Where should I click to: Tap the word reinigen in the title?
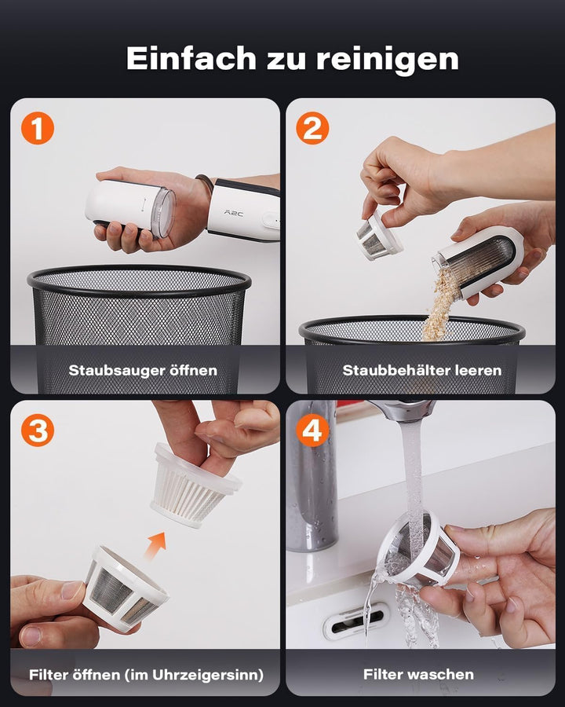click(387, 60)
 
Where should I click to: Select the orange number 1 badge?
click(38, 129)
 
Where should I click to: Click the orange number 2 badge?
click(312, 129)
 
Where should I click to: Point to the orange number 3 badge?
click(38, 430)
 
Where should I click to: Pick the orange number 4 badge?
click(312, 430)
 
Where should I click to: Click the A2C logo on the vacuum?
click(233, 213)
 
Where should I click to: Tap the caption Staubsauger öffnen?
click(143, 371)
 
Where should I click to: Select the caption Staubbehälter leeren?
click(421, 371)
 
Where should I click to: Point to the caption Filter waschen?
click(418, 675)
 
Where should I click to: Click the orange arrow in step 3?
click(156, 544)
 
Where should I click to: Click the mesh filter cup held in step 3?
click(126, 588)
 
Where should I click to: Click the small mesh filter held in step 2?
click(377, 236)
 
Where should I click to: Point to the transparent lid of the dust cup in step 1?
click(163, 213)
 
